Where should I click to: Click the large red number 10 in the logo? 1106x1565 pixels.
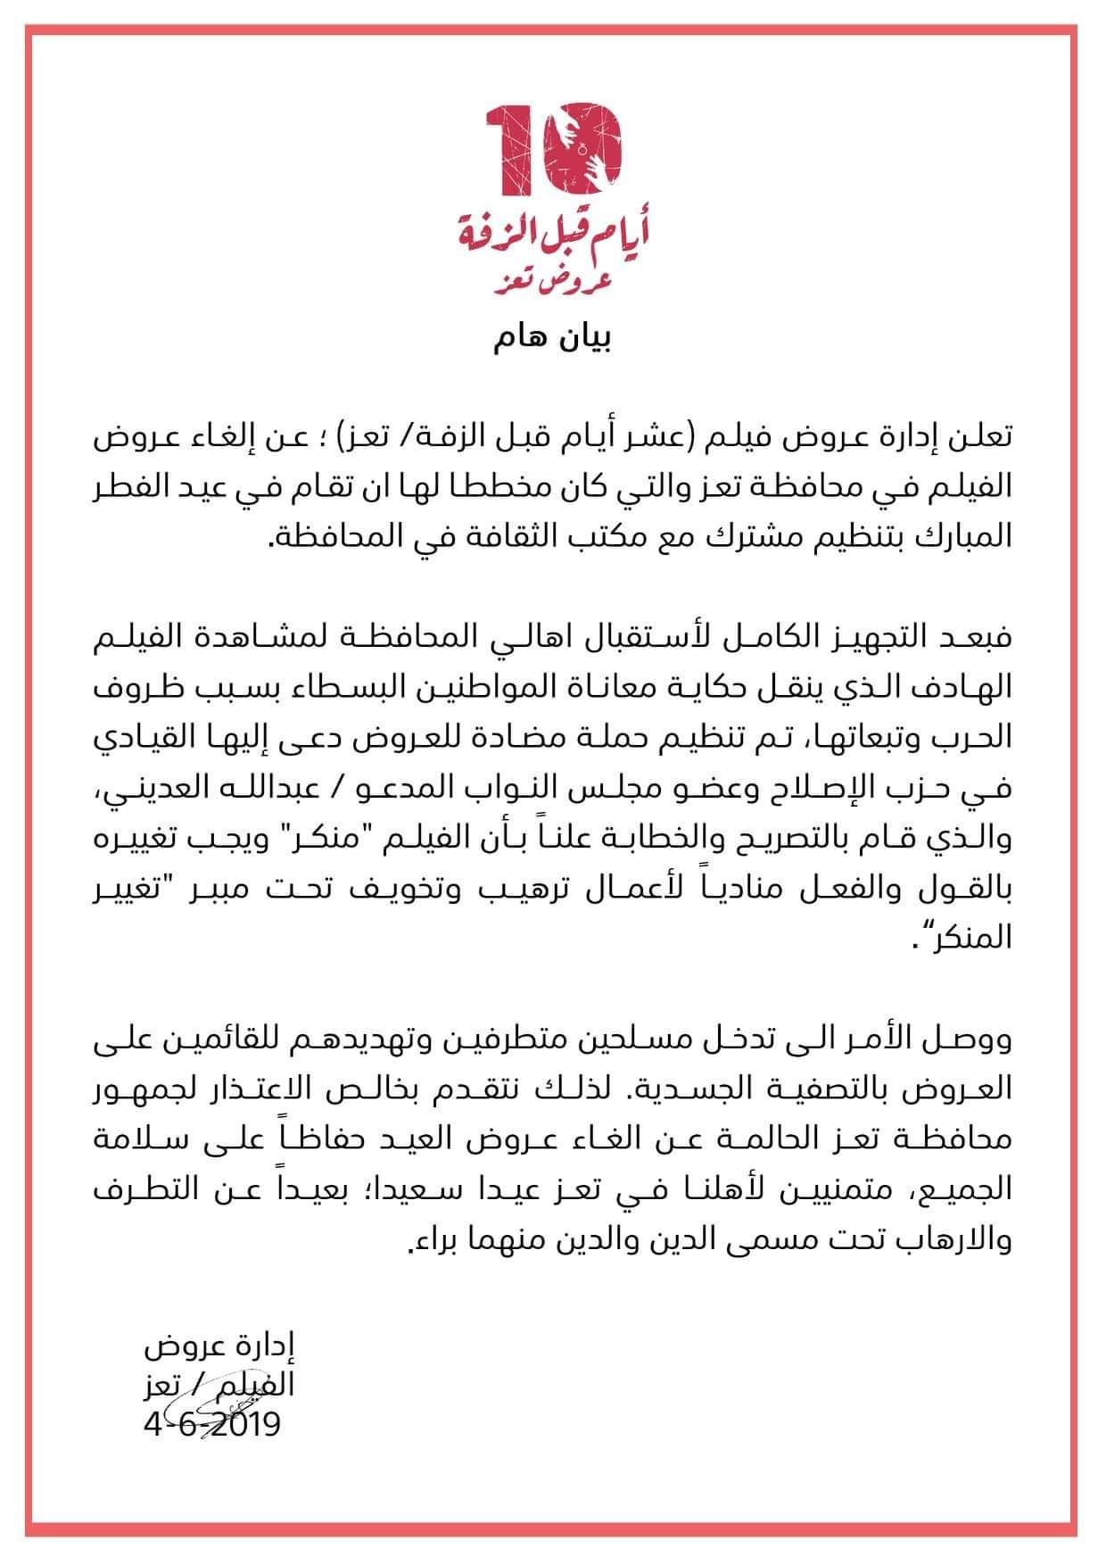(553, 147)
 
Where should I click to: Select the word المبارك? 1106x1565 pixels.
(965, 537)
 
